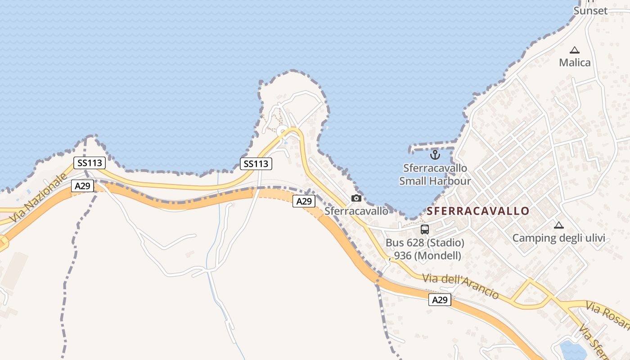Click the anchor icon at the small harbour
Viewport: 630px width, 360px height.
click(x=435, y=155)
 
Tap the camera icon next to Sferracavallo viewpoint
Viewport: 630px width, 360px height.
click(x=356, y=198)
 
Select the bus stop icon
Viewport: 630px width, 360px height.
click(x=425, y=229)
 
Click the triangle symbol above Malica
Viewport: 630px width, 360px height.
click(x=575, y=50)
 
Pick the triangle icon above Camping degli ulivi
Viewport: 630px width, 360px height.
click(x=558, y=225)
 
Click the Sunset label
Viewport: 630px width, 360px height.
click(x=590, y=11)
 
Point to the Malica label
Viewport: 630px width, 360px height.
click(x=575, y=63)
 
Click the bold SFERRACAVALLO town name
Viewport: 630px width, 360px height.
click(x=478, y=211)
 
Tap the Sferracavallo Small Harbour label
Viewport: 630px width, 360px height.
click(x=435, y=175)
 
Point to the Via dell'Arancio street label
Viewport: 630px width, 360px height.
click(x=461, y=286)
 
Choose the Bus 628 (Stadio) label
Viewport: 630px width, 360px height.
click(x=425, y=243)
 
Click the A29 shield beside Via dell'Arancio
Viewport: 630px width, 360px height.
click(x=440, y=300)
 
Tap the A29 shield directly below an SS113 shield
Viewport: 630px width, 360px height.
click(x=82, y=186)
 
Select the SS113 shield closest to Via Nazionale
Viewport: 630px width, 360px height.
click(x=89, y=163)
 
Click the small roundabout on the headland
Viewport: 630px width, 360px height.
click(x=283, y=131)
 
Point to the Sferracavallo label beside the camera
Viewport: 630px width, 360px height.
click(x=356, y=211)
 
